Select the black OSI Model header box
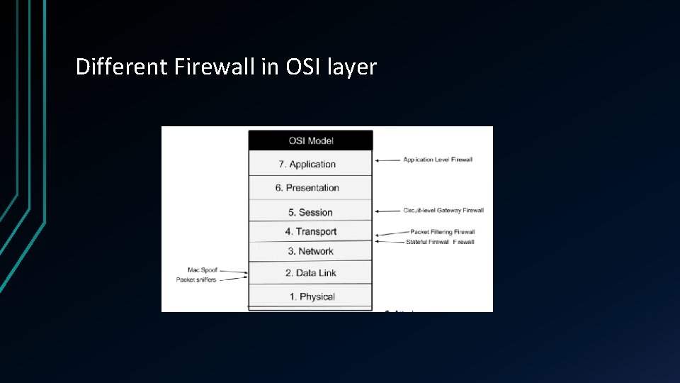[x=310, y=140]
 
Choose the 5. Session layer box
[x=310, y=211]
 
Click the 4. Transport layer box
[x=310, y=231]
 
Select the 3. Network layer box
[x=310, y=251]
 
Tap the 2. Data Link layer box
[x=310, y=273]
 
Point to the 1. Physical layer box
[x=310, y=296]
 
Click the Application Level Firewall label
[x=437, y=160]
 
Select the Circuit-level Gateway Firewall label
[x=443, y=211]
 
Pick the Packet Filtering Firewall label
[x=442, y=232]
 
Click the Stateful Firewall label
[x=440, y=242]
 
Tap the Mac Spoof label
[x=202, y=270]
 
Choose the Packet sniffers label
[x=195, y=279]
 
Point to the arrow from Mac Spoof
[x=233, y=272]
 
